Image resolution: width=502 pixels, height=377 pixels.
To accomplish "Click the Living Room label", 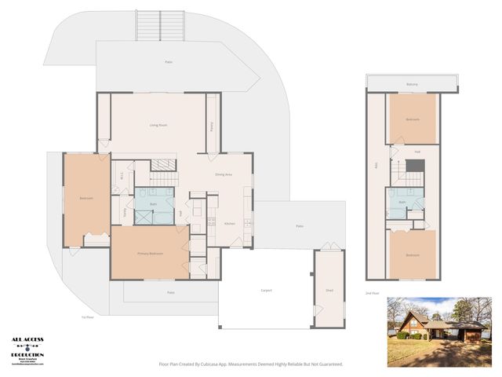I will pos(160,125).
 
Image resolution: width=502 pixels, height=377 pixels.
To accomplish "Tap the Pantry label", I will pos(212,125).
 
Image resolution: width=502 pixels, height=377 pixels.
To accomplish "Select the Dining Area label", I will pos(224,174).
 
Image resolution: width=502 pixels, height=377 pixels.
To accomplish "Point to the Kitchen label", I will pos(230,224).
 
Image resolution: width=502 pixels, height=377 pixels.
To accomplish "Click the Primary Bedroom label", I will pos(150,254).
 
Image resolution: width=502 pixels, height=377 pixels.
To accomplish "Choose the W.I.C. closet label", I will pos(122,176).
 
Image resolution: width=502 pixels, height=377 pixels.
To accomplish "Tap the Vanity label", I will pos(125,212).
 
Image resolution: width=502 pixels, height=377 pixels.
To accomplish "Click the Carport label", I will pos(266,291).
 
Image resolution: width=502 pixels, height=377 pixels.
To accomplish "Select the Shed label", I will pos(329,290).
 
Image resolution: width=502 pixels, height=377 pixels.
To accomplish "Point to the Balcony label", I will pos(412,84).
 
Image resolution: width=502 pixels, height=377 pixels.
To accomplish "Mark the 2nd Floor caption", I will pos(373,292).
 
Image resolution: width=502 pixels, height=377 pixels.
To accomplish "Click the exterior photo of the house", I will pos(438,331).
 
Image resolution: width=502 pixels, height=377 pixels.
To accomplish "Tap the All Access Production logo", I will pos(27,350).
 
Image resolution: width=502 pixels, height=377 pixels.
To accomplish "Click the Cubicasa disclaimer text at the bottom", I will pos(251,364).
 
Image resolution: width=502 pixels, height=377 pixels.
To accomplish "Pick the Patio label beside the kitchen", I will pos(299,226).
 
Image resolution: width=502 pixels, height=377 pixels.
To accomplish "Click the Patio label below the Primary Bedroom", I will pos(170,292).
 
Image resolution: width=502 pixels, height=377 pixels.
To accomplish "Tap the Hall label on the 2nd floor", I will pos(417,151).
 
